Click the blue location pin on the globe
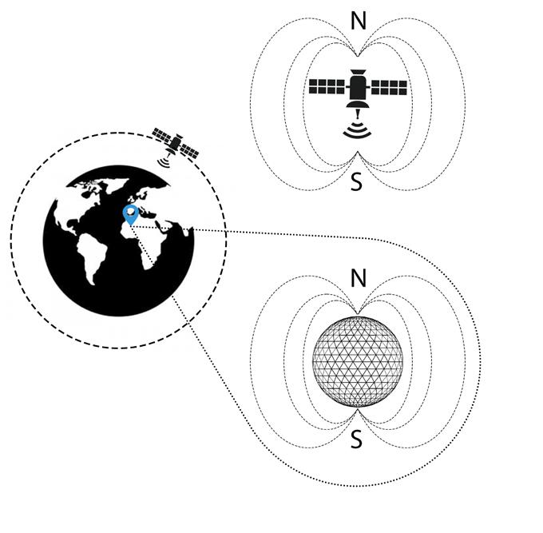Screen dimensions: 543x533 (131, 213)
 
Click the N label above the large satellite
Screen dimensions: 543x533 (359, 21)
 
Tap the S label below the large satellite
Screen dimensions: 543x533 (356, 183)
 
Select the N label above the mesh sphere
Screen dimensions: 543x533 (359, 279)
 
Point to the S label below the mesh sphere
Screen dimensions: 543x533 (357, 440)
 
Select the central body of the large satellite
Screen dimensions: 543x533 (358, 87)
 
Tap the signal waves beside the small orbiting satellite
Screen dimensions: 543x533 (164, 162)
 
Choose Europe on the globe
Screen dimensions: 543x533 (148, 197)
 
